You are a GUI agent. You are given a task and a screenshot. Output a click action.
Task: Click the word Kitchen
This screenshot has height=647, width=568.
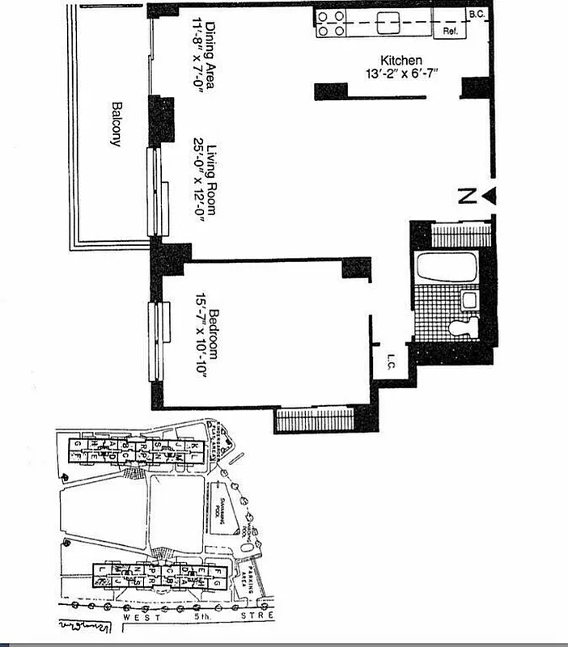(401, 60)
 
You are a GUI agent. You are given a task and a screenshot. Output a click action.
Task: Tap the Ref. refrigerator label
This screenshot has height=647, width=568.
(450, 32)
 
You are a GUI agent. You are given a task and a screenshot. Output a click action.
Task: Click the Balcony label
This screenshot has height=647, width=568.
(115, 124)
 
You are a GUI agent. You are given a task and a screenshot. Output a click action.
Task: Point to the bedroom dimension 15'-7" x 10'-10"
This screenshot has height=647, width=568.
(200, 338)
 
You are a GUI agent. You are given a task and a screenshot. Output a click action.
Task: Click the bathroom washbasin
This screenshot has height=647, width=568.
(468, 301)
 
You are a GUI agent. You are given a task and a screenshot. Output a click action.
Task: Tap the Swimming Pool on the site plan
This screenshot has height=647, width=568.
(218, 510)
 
